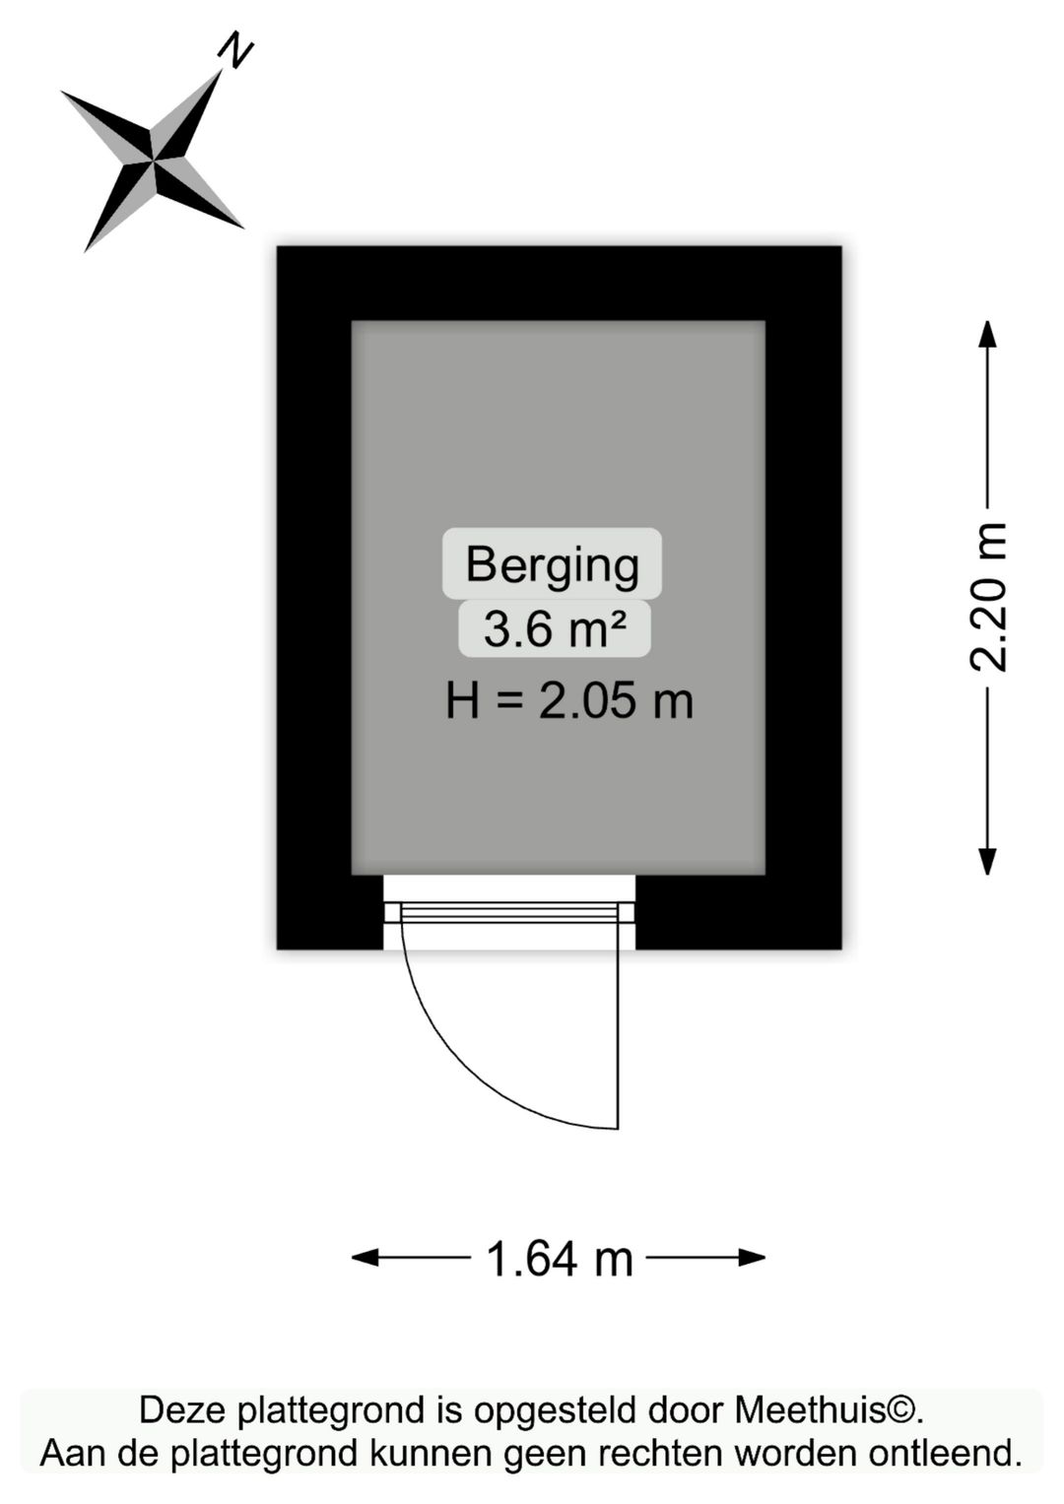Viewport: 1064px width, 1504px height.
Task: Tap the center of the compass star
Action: click(x=154, y=161)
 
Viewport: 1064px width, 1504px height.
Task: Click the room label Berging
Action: click(x=552, y=565)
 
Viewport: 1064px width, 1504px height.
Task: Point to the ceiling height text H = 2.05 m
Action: click(x=569, y=701)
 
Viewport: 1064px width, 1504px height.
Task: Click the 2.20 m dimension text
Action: click(x=987, y=597)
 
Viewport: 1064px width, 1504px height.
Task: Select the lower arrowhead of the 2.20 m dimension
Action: click(x=987, y=862)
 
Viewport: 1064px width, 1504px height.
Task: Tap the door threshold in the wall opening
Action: click(x=509, y=913)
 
